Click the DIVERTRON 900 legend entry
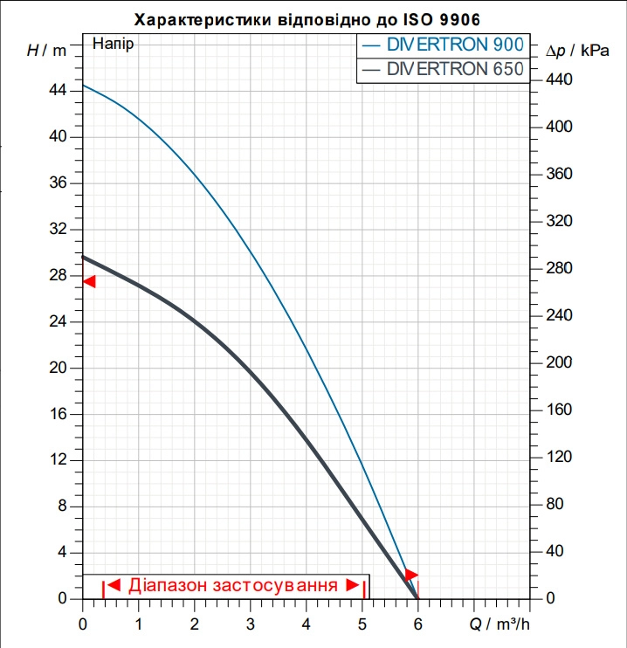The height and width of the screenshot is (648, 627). (443, 45)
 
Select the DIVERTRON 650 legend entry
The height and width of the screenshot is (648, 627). (443, 69)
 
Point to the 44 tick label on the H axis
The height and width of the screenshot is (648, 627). (58, 90)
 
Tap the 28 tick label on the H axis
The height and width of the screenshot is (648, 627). (58, 275)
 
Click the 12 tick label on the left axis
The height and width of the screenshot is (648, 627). (58, 459)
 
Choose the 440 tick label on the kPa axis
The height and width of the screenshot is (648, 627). (559, 79)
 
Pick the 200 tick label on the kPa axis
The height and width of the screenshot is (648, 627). (559, 362)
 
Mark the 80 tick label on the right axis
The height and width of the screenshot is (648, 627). (555, 504)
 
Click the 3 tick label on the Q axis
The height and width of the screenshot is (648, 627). (250, 624)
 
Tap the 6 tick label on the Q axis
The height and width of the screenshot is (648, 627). (418, 624)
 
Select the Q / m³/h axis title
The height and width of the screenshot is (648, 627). (500, 624)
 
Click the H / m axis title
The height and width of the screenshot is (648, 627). (46, 51)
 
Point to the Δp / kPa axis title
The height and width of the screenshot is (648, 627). (577, 51)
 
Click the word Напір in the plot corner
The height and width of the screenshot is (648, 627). (113, 44)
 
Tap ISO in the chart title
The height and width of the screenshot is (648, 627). (416, 19)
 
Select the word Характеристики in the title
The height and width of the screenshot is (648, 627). (203, 20)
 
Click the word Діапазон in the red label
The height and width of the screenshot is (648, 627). (168, 586)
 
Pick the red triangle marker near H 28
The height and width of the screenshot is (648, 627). (90, 281)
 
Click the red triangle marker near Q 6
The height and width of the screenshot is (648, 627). (411, 575)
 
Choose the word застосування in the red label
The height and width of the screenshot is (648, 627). (275, 586)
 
